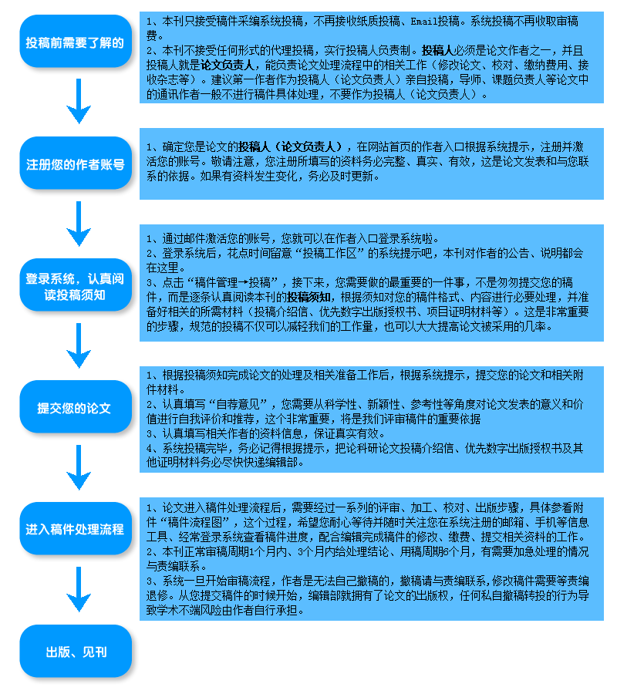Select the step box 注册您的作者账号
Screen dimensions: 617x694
[76, 163]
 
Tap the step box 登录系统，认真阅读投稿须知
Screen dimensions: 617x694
[76, 285]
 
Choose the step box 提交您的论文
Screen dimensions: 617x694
[76, 406]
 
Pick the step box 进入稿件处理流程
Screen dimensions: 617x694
[76, 528]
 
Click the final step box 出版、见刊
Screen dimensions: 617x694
[76, 651]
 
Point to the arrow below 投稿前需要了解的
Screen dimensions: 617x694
[79, 101]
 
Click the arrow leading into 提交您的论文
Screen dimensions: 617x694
[79, 345]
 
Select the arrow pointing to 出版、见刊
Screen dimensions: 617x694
[79, 589]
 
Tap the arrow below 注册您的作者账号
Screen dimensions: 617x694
[79, 224]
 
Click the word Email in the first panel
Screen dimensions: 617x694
[424, 21]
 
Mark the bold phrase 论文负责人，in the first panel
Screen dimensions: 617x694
[230, 65]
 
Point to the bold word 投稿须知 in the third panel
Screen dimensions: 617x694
[309, 297]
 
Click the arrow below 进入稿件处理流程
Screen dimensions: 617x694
[79, 589]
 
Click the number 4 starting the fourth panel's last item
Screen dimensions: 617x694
[150, 448]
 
